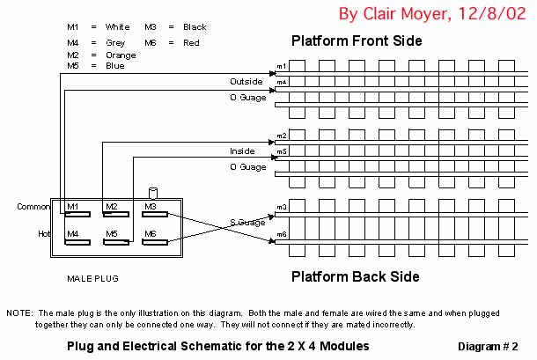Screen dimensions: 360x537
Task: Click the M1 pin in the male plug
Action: tap(77, 208)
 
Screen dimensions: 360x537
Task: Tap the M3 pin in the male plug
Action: tap(156, 208)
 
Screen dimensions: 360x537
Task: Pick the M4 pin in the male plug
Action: tap(77, 236)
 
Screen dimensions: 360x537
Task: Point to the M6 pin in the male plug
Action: tap(156, 236)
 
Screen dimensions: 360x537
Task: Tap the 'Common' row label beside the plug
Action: tap(33, 207)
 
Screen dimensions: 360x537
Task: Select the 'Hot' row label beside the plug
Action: tap(42, 234)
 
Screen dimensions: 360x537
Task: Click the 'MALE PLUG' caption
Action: tap(92, 278)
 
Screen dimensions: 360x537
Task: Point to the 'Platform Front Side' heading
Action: tap(357, 40)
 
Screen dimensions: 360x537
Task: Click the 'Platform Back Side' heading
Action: tap(355, 276)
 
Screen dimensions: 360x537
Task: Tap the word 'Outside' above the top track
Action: tap(246, 81)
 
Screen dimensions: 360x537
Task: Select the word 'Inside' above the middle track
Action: tap(243, 151)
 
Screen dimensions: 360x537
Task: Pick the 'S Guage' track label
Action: tap(247, 222)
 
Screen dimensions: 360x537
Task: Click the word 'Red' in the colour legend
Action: tap(192, 42)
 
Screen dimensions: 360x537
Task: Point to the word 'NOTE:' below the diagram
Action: tap(19, 313)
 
